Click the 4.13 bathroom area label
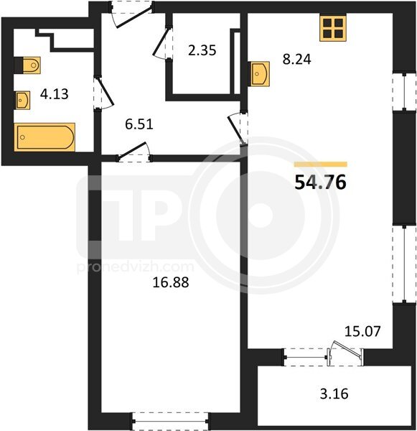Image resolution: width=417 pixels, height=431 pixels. [x=54, y=94]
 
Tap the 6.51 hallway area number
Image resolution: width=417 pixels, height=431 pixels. [x=139, y=124]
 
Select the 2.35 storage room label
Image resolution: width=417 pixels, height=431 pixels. [x=202, y=50]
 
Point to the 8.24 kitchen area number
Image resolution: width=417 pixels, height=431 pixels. [x=296, y=60]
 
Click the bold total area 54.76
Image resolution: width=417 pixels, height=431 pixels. [x=320, y=182]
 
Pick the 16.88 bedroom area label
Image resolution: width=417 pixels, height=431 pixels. [x=171, y=282]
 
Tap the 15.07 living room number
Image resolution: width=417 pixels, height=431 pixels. [x=362, y=331]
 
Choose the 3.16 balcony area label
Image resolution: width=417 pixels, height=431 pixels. [x=334, y=394]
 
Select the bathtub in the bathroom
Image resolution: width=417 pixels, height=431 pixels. [x=45, y=137]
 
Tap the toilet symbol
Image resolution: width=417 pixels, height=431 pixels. [x=28, y=65]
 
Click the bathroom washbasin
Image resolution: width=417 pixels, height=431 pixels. [x=22, y=101]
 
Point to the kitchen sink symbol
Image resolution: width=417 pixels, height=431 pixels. [x=259, y=74]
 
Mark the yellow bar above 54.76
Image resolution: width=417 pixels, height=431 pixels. [x=321, y=164]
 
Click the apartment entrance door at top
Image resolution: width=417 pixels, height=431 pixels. [x=132, y=14]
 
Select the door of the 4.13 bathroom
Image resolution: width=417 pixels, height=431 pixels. [x=103, y=93]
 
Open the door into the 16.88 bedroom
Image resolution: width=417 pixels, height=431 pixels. [x=134, y=152]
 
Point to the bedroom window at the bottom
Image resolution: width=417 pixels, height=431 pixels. [x=170, y=421]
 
